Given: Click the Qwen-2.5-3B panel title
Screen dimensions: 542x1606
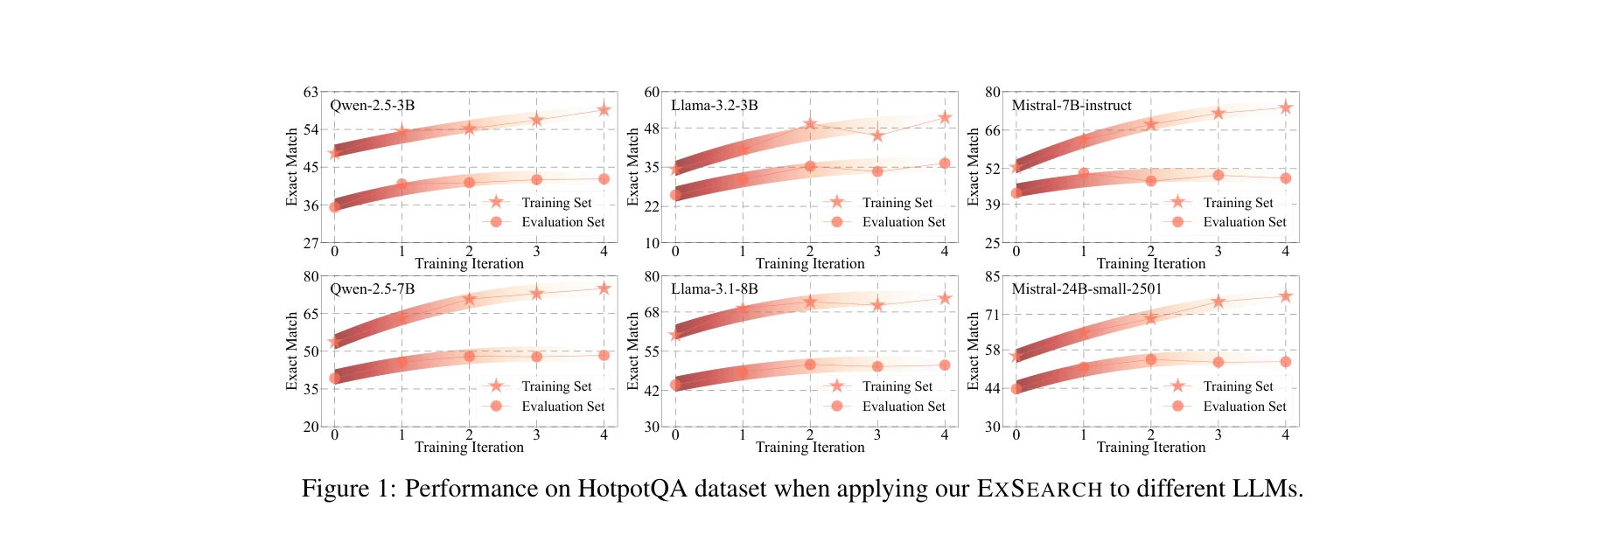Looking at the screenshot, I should click(372, 106).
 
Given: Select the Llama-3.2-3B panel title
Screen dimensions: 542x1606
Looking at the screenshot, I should click(714, 106).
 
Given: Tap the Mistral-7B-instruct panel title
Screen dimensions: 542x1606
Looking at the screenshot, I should click(1071, 106).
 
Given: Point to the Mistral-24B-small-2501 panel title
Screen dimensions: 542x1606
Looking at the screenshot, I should click(1086, 289).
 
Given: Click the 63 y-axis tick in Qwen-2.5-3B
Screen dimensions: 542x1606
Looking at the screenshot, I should click(311, 92).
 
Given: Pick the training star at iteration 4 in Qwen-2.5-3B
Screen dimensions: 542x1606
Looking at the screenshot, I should click(604, 109).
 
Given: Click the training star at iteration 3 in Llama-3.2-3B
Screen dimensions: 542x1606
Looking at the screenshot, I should click(877, 135).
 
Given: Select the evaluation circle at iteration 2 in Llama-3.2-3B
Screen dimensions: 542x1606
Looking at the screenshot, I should click(810, 166).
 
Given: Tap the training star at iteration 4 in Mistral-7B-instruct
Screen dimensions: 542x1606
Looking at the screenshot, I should click(1285, 108).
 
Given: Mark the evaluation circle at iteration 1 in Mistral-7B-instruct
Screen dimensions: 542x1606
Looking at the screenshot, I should click(1083, 173).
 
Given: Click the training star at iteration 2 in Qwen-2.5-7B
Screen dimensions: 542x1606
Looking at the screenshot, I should click(469, 299).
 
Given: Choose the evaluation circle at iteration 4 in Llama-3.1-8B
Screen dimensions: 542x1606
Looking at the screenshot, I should click(945, 365).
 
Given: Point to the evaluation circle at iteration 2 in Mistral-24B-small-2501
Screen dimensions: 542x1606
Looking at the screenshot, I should click(1150, 359).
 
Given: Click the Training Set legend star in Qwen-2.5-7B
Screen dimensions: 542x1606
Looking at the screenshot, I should click(496, 386).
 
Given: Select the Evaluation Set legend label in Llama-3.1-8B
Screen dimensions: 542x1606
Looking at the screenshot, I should click(904, 406).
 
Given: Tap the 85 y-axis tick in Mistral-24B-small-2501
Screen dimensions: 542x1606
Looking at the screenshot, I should click(992, 276).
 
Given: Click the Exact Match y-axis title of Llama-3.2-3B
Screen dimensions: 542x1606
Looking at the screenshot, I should click(633, 167).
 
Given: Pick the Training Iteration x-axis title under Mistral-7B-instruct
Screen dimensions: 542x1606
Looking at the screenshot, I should click(1150, 264).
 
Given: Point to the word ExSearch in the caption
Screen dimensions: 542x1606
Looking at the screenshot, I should click(1039, 488).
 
